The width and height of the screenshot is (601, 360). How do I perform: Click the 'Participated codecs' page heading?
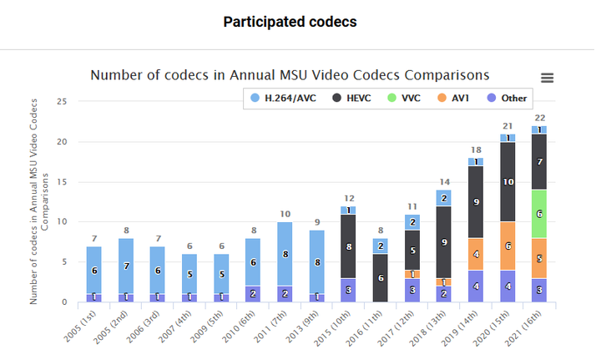tap(290, 22)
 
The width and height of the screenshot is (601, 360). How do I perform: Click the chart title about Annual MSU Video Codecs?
tap(290, 74)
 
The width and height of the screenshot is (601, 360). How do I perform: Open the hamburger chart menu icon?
tap(548, 78)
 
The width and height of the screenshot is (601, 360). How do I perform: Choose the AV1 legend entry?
tap(454, 98)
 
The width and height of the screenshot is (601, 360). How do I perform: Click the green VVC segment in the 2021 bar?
tap(538, 213)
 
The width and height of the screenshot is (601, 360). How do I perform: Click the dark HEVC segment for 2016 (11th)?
tap(380, 277)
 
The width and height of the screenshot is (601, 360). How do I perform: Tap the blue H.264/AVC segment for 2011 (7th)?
tap(285, 254)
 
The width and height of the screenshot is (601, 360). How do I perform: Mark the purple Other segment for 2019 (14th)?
tap(475, 286)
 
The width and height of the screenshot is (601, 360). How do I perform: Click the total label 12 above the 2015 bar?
tap(348, 198)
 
